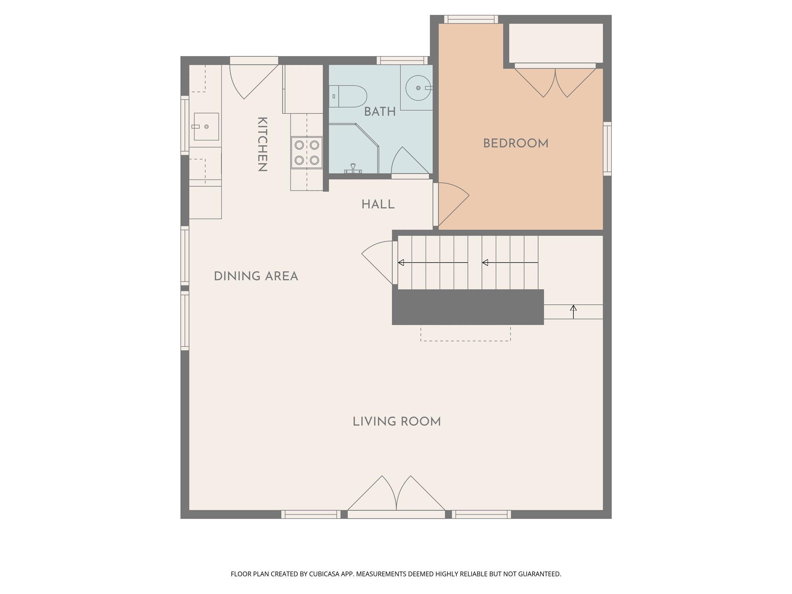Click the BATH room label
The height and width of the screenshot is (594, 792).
[x=379, y=112]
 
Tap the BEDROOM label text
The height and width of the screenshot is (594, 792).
[x=515, y=143]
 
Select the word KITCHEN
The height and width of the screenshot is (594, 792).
[x=262, y=144]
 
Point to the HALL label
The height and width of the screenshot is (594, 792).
[x=378, y=205]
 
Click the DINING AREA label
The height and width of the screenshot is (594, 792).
[x=256, y=276]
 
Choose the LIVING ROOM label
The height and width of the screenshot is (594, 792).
[x=396, y=422]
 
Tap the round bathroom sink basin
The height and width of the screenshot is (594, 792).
[x=418, y=88]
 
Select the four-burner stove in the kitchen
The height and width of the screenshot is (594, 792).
[x=307, y=152]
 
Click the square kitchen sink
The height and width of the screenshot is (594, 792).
[x=206, y=126]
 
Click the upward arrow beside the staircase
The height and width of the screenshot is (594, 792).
[x=574, y=312]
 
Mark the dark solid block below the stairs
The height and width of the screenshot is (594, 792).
[x=468, y=307]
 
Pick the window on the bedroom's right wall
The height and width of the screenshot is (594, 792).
[x=607, y=149]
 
